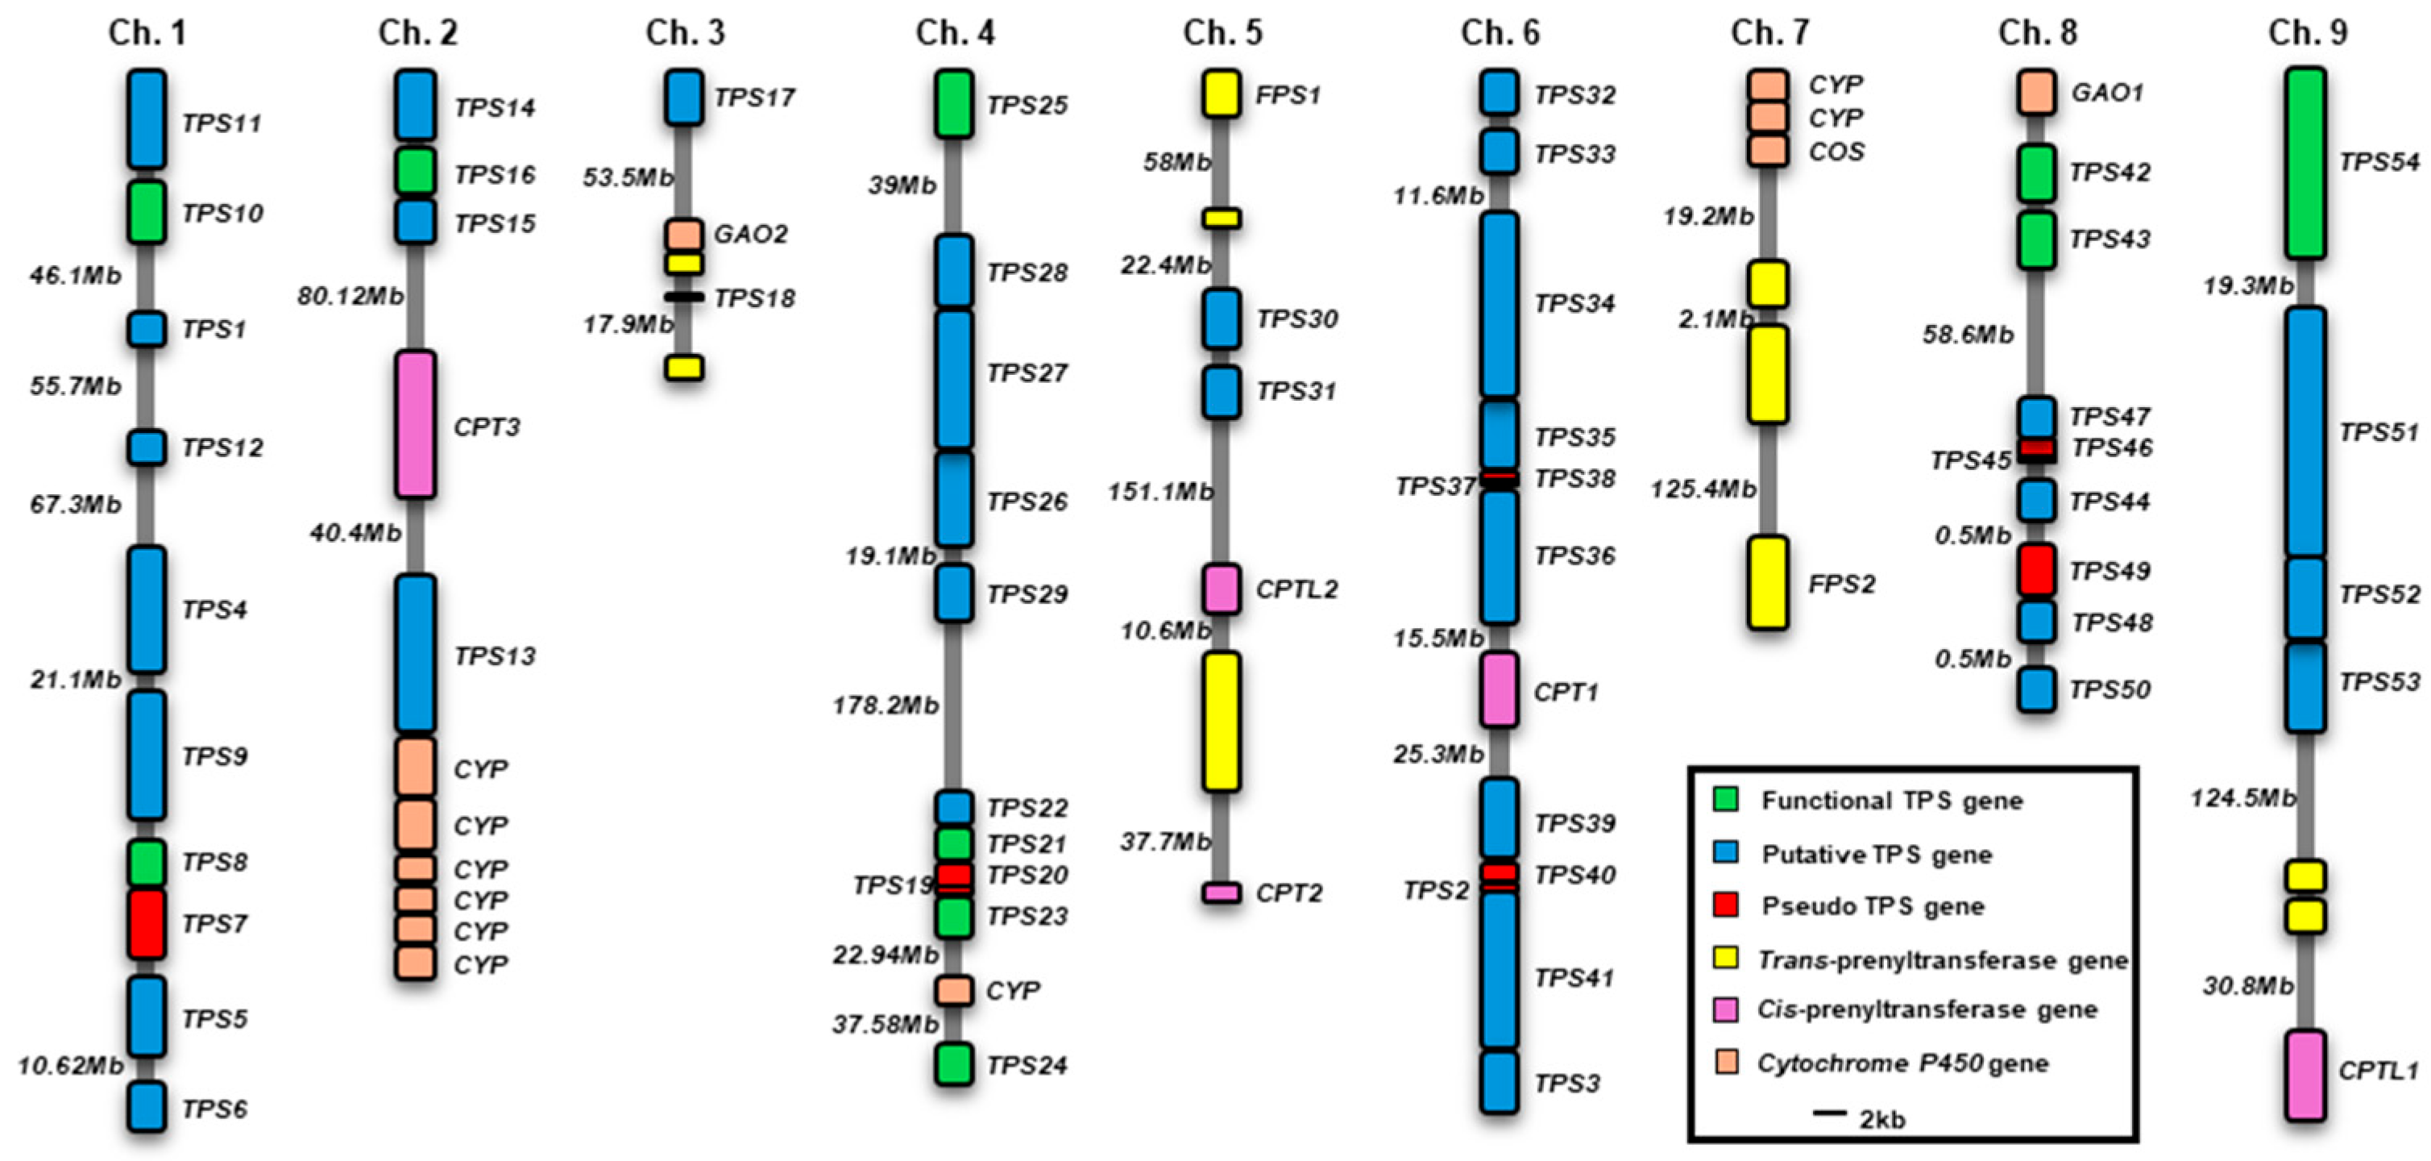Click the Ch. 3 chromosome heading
685,33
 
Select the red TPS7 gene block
147,923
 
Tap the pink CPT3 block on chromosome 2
415,425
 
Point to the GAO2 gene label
750,234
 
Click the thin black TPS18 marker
684,298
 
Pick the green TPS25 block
954,104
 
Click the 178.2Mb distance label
886,705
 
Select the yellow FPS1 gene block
1222,94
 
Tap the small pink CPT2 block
1222,892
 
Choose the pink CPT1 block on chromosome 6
1499,690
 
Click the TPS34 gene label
1574,304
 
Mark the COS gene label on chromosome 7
1836,152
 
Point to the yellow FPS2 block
1768,582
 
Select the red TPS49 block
2036,570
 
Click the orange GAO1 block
2036,93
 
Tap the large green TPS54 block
2305,162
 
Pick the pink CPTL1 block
2305,1075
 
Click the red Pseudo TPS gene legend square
1726,905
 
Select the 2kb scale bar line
1829,1113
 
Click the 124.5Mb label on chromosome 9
2242,798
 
